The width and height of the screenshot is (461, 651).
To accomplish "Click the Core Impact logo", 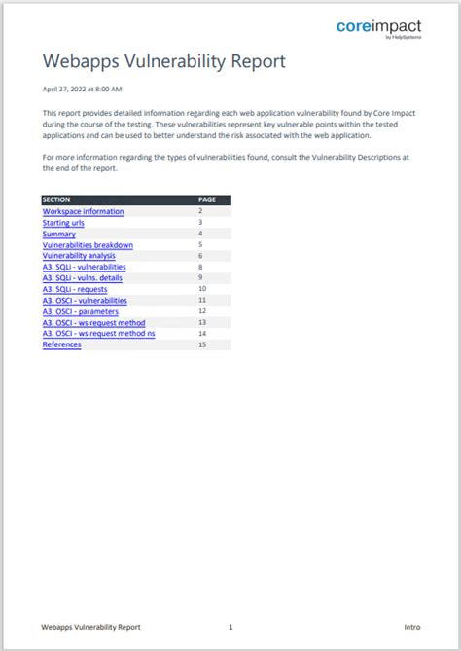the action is click(378, 28).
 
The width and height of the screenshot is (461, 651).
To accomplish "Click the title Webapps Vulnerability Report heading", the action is click(164, 61).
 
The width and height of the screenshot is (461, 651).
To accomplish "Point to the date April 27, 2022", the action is click(83, 89).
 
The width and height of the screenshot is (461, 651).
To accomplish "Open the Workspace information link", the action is click(83, 211).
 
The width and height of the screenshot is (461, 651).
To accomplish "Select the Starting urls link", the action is click(63, 223).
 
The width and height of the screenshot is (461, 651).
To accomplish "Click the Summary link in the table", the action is click(58, 234).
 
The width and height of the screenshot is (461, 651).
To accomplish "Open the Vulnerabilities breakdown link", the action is click(88, 245).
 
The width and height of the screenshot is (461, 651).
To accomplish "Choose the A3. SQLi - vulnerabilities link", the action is click(84, 267).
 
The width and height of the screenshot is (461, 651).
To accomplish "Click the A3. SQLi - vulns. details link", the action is click(82, 278).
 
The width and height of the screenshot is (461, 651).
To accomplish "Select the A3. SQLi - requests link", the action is click(75, 289).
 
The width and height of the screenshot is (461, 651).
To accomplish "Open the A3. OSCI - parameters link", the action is click(80, 311).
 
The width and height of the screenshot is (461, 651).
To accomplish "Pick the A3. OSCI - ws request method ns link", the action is click(98, 334).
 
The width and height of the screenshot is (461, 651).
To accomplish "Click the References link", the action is click(61, 344).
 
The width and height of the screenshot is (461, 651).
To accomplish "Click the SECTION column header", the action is click(56, 199).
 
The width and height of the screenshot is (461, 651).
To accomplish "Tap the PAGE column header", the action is click(207, 199).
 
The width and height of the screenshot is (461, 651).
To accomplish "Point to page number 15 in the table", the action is click(202, 344).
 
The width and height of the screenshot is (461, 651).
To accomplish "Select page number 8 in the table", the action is click(200, 267).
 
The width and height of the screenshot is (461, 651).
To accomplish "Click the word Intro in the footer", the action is click(411, 627).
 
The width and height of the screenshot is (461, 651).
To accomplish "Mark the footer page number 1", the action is click(230, 627).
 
